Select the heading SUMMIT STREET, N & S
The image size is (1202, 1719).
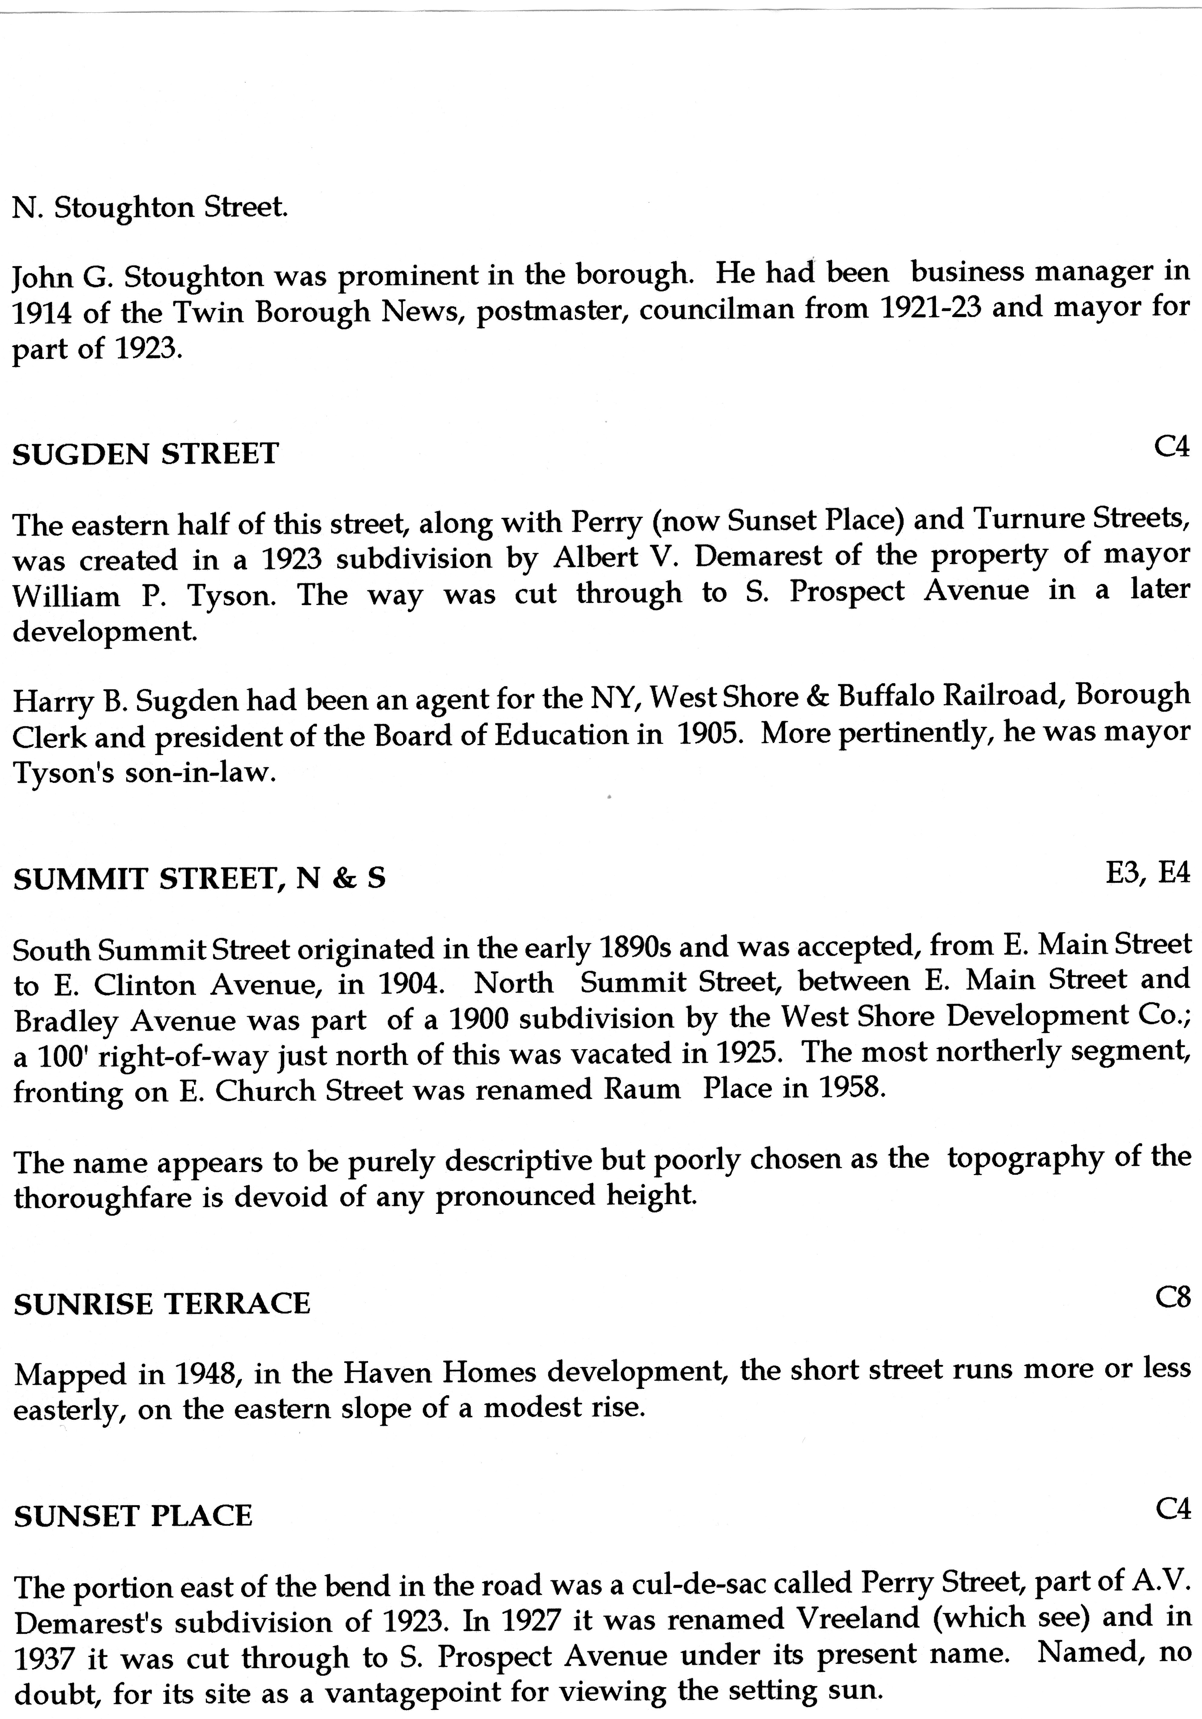point(200,878)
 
